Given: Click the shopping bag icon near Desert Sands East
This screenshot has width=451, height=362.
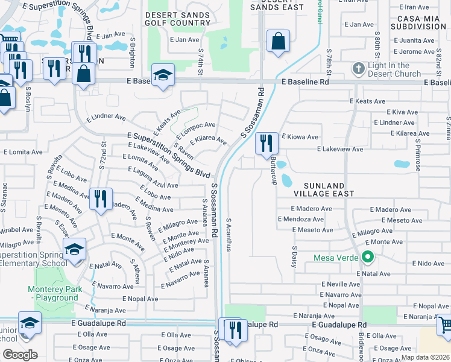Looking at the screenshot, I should [277, 42].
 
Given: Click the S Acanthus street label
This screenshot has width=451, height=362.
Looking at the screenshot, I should [229, 233].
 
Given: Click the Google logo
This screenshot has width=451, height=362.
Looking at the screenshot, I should [20, 355].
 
